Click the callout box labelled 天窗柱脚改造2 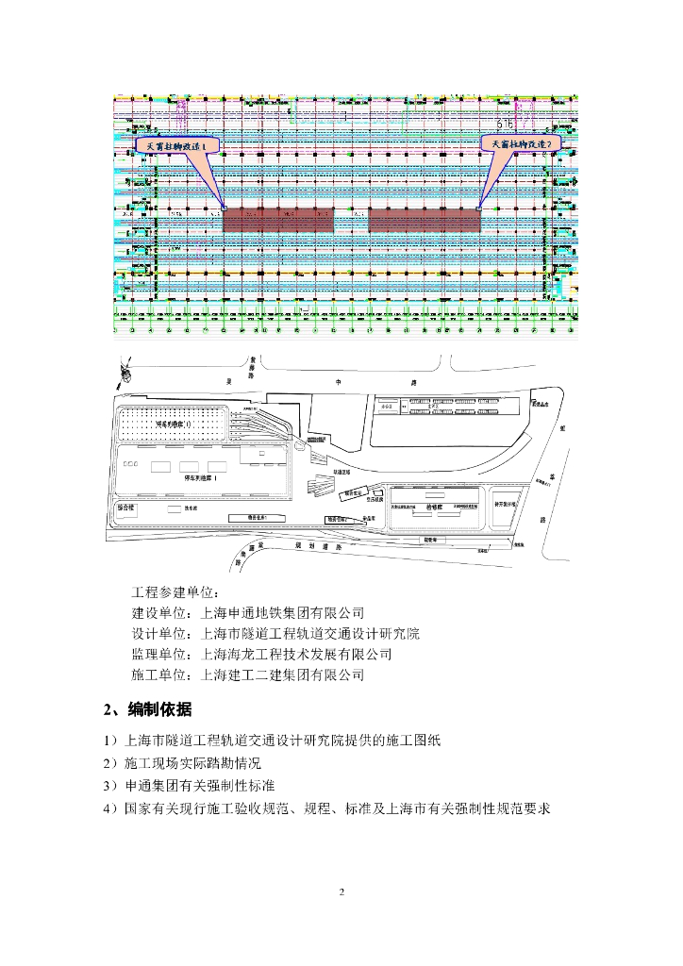[x=521, y=142]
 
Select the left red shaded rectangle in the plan [x=280, y=220]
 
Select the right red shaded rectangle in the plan [x=425, y=220]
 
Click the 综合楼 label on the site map [x=127, y=507]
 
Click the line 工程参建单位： [x=174, y=592]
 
